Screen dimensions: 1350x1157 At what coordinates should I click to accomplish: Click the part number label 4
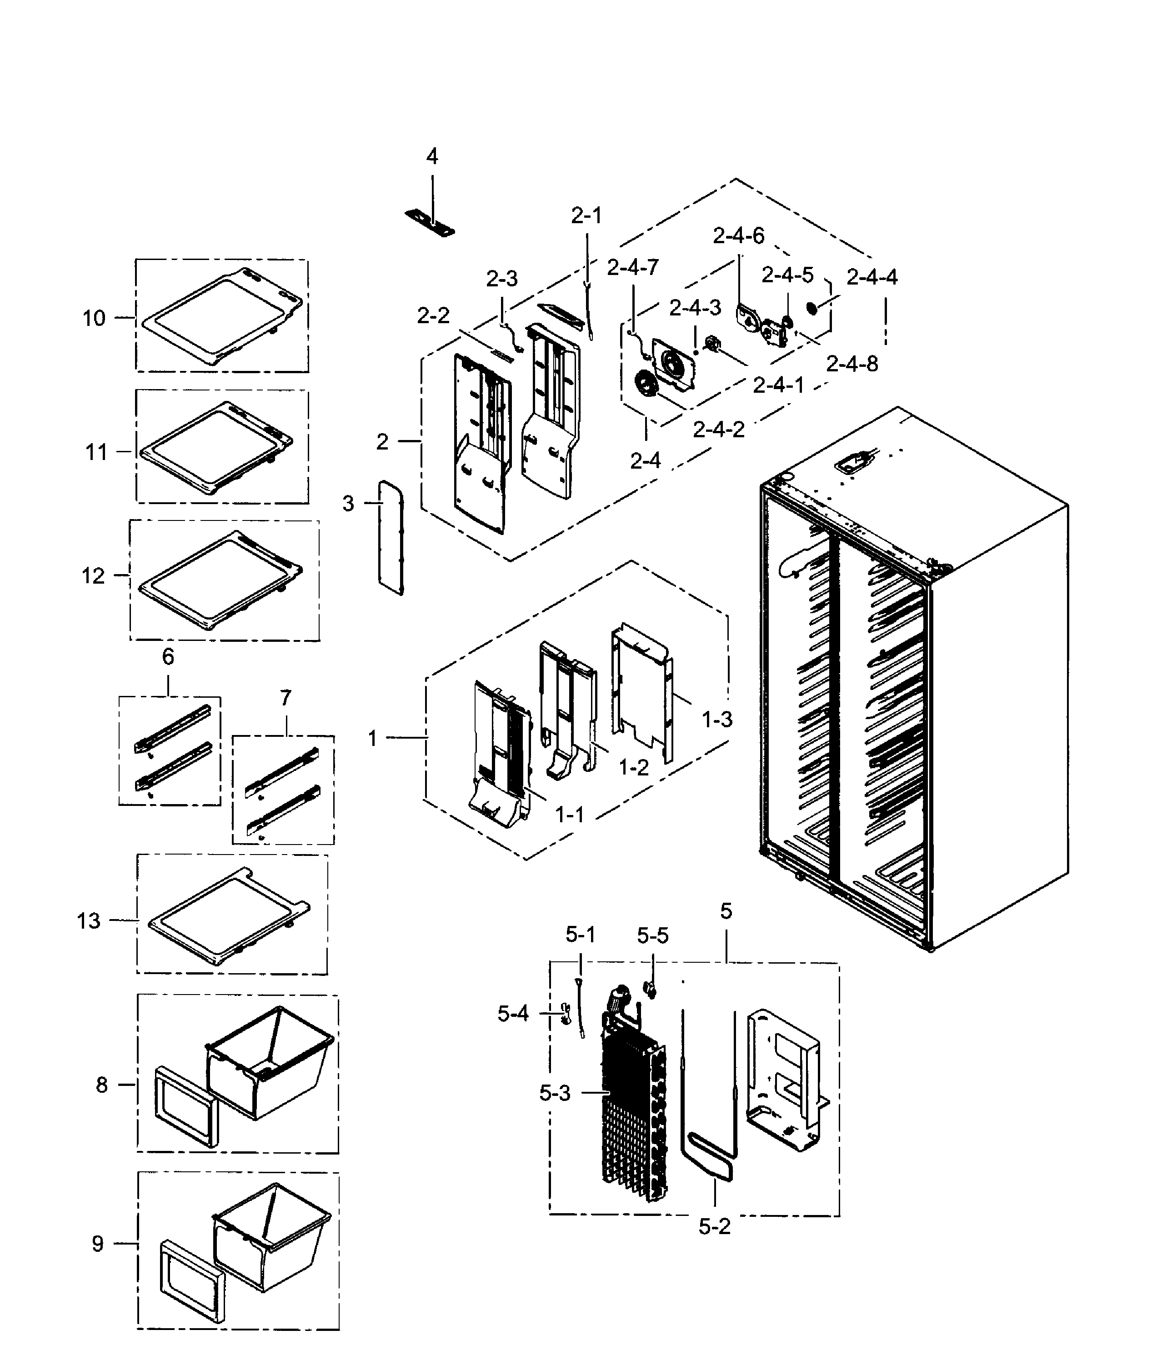point(432,156)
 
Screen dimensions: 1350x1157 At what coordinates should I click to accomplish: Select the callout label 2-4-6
point(738,236)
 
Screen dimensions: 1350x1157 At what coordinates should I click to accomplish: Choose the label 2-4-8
point(851,364)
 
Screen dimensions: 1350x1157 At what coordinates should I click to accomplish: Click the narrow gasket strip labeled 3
point(391,538)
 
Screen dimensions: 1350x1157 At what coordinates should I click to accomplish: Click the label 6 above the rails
point(168,657)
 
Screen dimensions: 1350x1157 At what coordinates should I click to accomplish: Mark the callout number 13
point(89,920)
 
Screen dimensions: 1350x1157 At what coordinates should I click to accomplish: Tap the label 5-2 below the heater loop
point(714,1227)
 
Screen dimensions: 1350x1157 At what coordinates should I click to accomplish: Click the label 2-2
point(433,316)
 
